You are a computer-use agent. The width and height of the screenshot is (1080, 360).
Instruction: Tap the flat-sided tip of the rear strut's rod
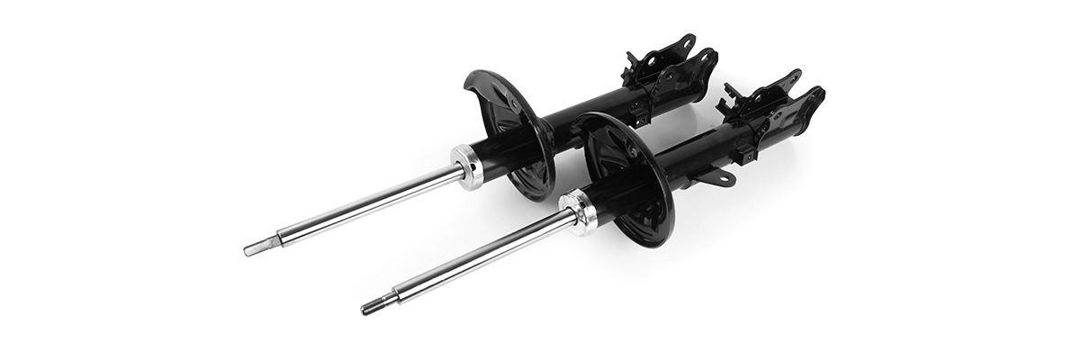click(256, 247)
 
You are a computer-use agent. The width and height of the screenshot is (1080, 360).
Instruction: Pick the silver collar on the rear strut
click(468, 167)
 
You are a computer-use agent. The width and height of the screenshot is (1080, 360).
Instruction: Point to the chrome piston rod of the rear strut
click(369, 205)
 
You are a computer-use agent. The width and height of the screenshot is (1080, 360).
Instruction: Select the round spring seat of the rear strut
click(508, 126)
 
